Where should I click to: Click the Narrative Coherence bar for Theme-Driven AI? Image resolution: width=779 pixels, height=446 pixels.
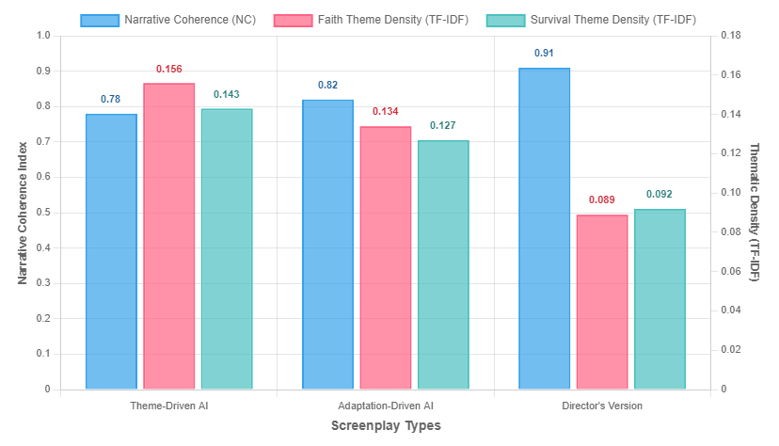coord(111,251)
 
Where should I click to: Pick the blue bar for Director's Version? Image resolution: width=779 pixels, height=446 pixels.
coord(544,229)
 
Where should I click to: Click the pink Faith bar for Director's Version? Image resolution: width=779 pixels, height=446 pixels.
coord(602,301)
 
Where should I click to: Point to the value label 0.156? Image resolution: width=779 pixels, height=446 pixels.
coord(169,70)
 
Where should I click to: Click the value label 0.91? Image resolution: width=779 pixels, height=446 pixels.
coord(544,54)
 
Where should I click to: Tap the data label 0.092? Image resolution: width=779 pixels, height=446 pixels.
coord(660,195)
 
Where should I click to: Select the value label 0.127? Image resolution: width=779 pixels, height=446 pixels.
coord(443,126)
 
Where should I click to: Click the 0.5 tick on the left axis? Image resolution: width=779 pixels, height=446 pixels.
coord(44,213)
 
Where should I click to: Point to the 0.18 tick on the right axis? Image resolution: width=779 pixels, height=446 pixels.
coord(730,36)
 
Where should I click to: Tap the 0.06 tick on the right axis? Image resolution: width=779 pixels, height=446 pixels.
coord(730,271)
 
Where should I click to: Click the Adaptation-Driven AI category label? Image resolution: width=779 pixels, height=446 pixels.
coord(385,406)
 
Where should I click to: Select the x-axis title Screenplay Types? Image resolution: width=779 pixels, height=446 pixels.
coord(386,425)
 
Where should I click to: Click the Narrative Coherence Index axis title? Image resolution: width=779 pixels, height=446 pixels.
coord(23,212)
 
